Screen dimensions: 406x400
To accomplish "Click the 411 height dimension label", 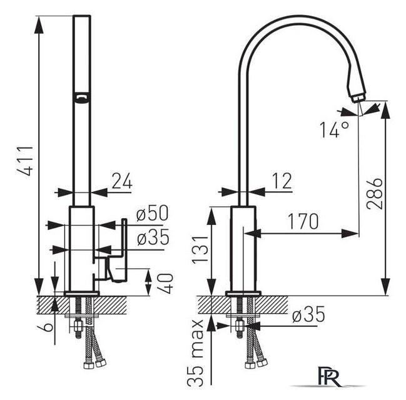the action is pyautogui.click(x=26, y=161).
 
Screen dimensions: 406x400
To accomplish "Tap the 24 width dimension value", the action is pyautogui.click(x=122, y=181).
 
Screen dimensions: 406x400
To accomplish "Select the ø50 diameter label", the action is pyautogui.click(x=152, y=213).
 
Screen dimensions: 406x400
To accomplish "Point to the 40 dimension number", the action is pyautogui.click(x=166, y=283).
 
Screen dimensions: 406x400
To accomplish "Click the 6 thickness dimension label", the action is pyautogui.click(x=46, y=327).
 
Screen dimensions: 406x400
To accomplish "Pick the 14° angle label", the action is pyautogui.click(x=334, y=129).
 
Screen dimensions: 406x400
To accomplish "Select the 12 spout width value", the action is pyautogui.click(x=282, y=181).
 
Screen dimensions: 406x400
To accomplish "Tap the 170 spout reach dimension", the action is pyautogui.click(x=303, y=221).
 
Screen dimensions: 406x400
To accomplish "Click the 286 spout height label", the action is pyautogui.click(x=375, y=193).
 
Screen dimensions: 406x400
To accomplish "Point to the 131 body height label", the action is pyautogui.click(x=200, y=249).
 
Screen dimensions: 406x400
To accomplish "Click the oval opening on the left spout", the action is pyautogui.click(x=82, y=99).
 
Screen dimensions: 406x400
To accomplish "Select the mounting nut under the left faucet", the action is pyautogui.click(x=78, y=326).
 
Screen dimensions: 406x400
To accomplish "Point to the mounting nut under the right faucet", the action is pyautogui.click(x=240, y=326).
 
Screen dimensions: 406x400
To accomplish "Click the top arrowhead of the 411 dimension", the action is pyautogui.click(x=39, y=25).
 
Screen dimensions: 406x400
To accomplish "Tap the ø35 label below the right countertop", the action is pyautogui.click(x=308, y=314).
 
